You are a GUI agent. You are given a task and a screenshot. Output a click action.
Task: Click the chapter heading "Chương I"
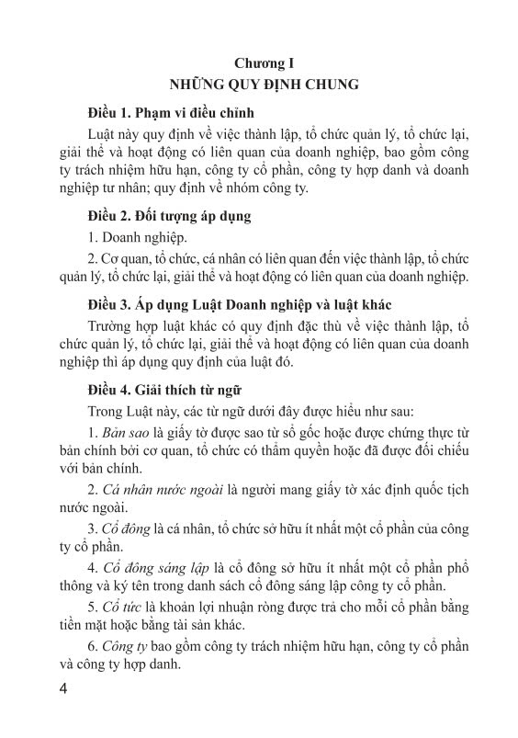pyautogui.click(x=262, y=63)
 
